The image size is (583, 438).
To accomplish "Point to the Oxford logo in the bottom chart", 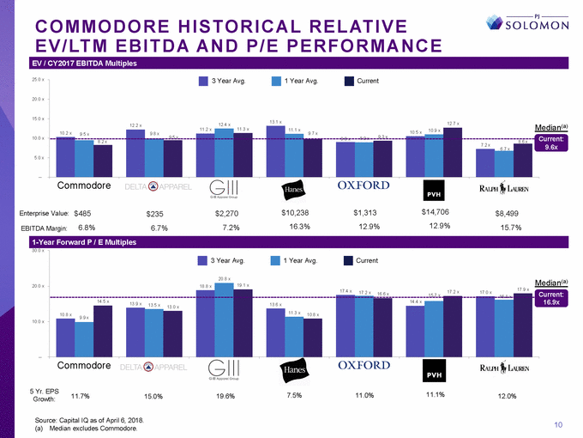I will coord(364,365).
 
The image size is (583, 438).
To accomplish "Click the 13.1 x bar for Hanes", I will coord(275,152).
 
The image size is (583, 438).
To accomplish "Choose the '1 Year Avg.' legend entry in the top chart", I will coord(296,82).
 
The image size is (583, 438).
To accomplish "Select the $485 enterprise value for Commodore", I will coord(82,211).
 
